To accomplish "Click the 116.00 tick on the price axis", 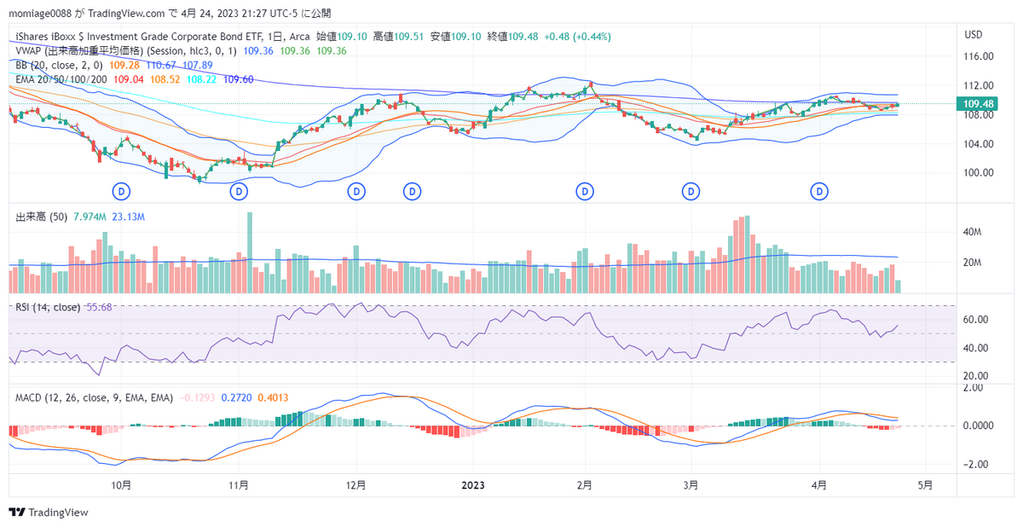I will click(x=977, y=56).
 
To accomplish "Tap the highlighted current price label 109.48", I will click(x=978, y=104).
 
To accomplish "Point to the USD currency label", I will click(x=974, y=34).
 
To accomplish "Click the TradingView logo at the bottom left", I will click(x=49, y=513).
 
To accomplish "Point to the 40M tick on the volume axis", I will click(x=974, y=232).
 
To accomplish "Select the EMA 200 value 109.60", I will click(x=238, y=79).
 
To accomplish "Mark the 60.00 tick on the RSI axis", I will click(x=976, y=320).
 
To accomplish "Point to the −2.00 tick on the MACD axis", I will click(x=975, y=465).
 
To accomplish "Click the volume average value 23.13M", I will click(x=129, y=217).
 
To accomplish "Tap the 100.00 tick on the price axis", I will click(x=977, y=172).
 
